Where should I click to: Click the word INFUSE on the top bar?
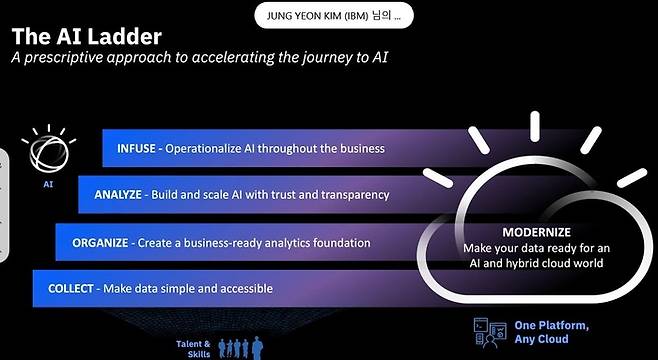pos(136,149)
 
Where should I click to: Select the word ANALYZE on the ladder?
pos(118,195)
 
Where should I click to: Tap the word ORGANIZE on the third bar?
pos(100,243)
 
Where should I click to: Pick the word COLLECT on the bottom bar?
pos(70,289)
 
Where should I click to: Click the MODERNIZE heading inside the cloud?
pos(536,232)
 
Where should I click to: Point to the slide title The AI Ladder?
pos(86,37)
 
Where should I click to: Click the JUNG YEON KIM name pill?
pos(334,16)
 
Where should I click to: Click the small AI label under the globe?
pos(48,184)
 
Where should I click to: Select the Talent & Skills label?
pos(193,349)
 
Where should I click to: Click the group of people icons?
pos(241,348)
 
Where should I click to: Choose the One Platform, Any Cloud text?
pos(551,332)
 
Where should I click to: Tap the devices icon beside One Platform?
pos(490,332)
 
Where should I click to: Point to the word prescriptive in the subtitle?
pos(64,57)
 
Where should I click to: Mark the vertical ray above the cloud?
pos(535,126)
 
